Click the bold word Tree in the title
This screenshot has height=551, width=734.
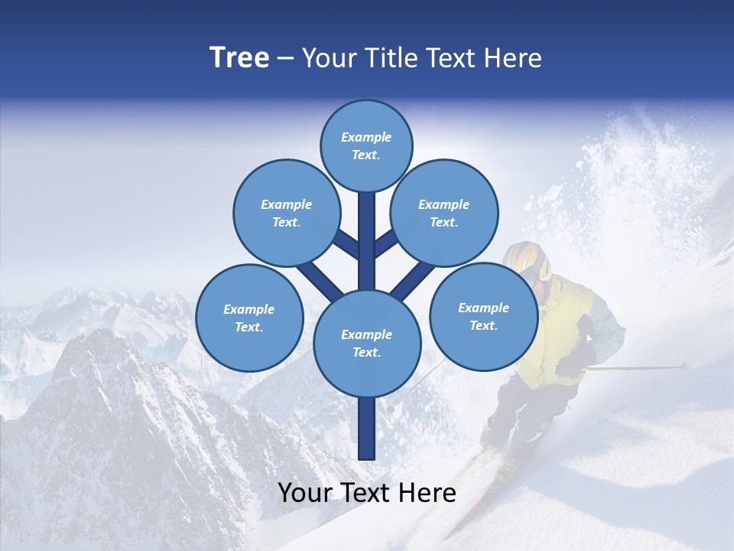click(239, 57)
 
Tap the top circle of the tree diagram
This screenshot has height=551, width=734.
click(366, 145)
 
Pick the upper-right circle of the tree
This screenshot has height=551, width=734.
click(443, 213)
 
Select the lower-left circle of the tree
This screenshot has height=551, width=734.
click(249, 318)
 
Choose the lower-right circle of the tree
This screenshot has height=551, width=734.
click(483, 316)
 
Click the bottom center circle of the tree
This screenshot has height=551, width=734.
click(366, 343)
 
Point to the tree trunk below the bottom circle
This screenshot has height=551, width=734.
click(367, 429)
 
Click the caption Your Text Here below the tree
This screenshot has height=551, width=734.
click(366, 493)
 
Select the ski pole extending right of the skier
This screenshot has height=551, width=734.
click(635, 368)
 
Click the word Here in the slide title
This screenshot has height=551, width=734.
click(512, 58)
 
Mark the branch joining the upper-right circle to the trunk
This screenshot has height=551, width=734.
click(385, 243)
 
